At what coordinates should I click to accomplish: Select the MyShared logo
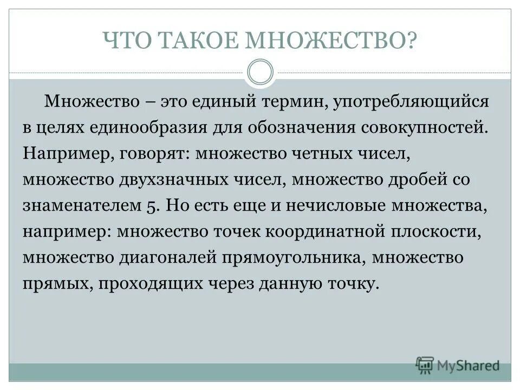[458, 365]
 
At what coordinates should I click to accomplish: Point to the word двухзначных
[181, 180]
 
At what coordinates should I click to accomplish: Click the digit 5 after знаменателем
[152, 206]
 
